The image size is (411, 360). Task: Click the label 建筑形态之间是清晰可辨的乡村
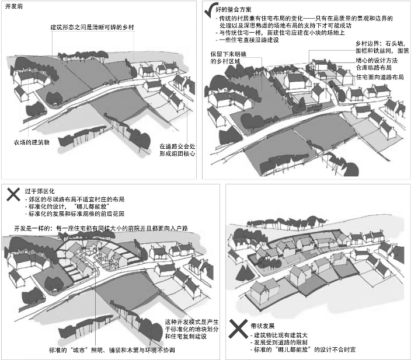[92, 28]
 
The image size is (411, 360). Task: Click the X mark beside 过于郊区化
[11, 192]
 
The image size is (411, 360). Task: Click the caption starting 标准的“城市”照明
[111, 351]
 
